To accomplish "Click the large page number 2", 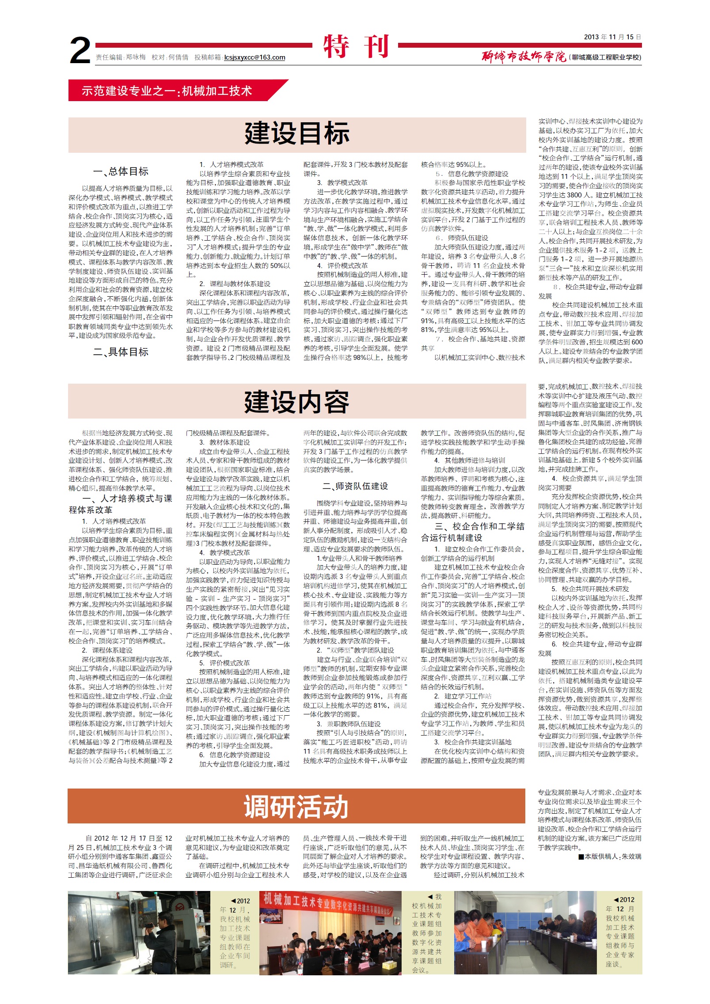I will (80, 50).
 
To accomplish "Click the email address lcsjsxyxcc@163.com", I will (254, 57).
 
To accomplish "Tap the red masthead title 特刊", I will (356, 46).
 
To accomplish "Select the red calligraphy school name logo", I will (524, 57).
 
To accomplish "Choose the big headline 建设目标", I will (297, 133).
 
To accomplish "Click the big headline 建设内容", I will (297, 402).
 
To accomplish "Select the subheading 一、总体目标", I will (121, 171).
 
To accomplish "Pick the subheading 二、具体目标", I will (121, 352).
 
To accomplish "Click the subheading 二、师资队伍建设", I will (355, 486).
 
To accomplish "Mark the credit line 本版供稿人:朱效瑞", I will (610, 857).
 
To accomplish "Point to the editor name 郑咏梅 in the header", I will (136, 57).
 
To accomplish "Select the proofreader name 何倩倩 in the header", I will (178, 57).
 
